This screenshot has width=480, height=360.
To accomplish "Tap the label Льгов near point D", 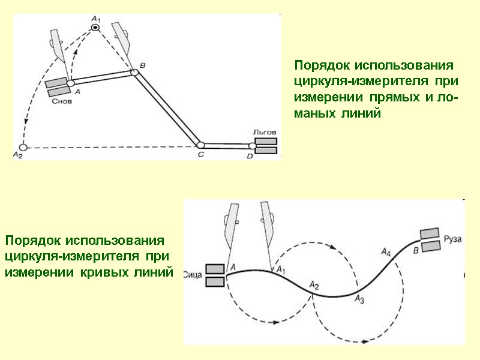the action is tap(265, 132).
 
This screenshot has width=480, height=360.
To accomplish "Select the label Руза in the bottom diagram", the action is tap(452, 238).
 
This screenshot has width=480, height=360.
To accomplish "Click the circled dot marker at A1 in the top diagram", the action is tap(95, 28).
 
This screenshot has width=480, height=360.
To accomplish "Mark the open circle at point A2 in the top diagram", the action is tap(23, 146).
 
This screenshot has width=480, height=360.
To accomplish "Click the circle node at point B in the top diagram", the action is tap(134, 73).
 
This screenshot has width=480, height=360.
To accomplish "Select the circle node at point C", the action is tap(200, 145).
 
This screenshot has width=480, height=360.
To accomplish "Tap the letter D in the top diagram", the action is tap(251, 157).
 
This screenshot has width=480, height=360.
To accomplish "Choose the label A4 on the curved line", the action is tap(386, 253).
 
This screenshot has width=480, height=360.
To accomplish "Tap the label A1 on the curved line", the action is tap(281, 271).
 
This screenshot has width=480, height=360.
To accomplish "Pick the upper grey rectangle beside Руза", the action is tap(428, 233).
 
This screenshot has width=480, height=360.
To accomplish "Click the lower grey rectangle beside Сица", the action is tap(215, 281).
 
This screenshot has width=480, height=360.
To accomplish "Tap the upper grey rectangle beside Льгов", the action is tap(266, 142).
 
